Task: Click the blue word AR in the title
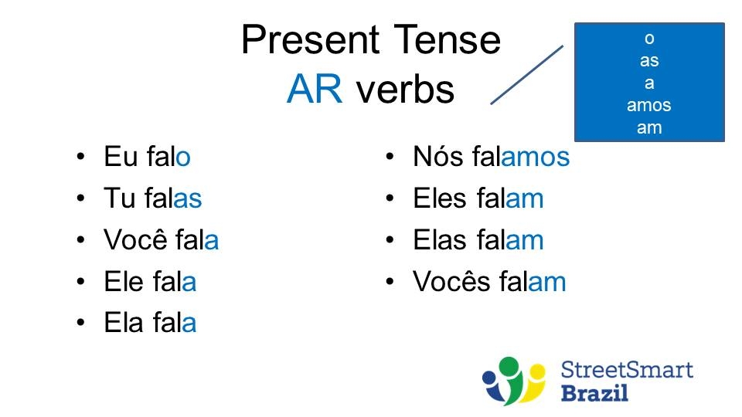click(314, 90)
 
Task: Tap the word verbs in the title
click(404, 90)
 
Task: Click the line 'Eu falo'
click(147, 157)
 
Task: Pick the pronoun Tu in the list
click(120, 198)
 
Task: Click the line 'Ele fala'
click(150, 282)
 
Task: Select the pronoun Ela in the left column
click(124, 324)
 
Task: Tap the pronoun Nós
click(438, 157)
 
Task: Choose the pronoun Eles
click(441, 198)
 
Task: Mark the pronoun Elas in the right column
click(441, 240)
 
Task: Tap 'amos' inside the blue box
click(648, 105)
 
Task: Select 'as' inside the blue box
click(648, 60)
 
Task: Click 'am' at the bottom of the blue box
click(648, 127)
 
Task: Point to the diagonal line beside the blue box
click(527, 74)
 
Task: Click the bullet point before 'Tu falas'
click(81, 199)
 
